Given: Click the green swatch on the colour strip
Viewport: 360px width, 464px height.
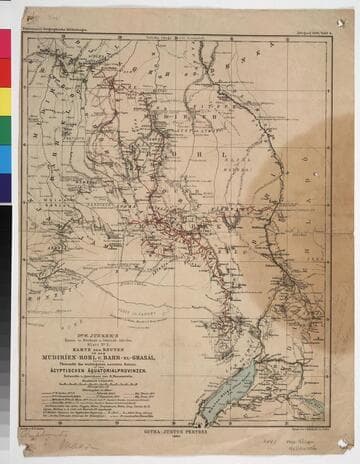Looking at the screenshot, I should [5, 131].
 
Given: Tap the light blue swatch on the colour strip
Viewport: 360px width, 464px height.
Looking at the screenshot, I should [5, 160].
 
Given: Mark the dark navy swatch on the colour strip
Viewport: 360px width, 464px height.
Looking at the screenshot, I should [5, 190].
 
